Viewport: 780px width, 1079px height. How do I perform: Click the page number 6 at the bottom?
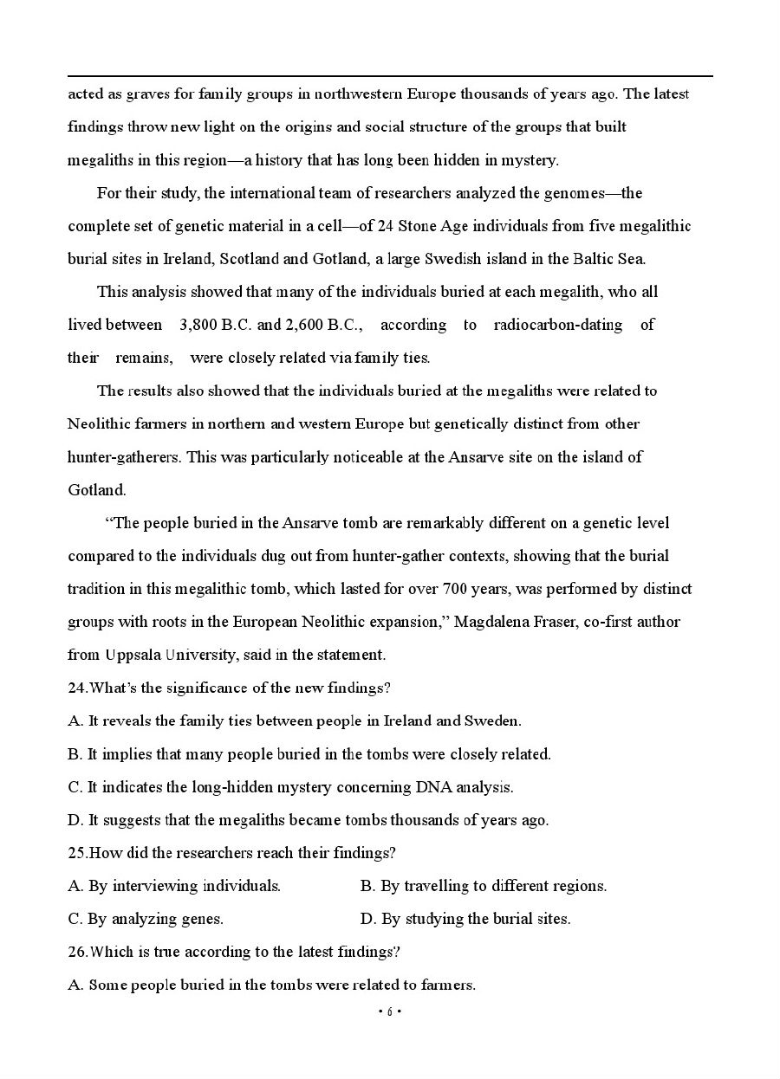point(390,1011)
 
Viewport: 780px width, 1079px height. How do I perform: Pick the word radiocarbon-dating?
point(557,326)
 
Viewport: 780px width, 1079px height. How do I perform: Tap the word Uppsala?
point(132,655)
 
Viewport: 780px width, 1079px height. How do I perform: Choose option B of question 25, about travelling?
point(484,886)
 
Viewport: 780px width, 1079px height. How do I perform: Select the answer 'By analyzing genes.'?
point(146,919)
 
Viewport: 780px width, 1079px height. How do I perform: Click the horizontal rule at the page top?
point(390,76)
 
